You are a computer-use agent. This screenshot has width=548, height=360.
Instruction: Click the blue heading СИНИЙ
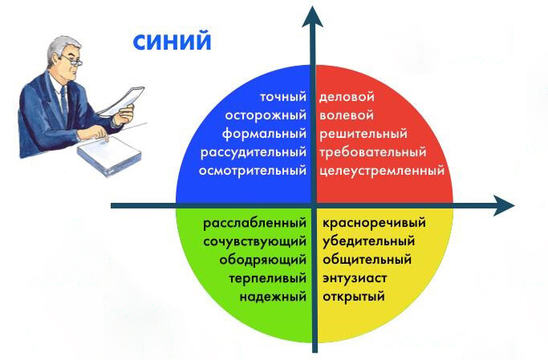[173, 42]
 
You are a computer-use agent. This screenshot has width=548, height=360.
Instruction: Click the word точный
[283, 97]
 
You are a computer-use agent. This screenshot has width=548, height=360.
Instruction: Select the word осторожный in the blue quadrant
[266, 115]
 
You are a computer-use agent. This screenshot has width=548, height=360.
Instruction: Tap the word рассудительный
[254, 152]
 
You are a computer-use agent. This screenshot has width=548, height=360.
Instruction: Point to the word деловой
[347, 97]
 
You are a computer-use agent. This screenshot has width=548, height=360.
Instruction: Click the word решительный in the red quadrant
[363, 134]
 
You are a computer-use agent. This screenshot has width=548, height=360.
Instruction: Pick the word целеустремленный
[382, 171]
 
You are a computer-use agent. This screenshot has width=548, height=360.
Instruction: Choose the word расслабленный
[255, 223]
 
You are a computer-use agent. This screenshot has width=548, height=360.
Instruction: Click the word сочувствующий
[255, 241]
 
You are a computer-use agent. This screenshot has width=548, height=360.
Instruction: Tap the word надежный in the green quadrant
[273, 297]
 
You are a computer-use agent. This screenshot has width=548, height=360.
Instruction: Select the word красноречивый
[374, 223]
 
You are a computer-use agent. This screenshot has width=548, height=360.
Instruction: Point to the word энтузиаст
[355, 278]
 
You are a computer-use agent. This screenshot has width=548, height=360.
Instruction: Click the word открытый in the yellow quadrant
[354, 297]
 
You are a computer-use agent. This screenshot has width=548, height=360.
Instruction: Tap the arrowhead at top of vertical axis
[312, 17]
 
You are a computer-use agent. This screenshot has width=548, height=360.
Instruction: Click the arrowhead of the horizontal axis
[504, 205]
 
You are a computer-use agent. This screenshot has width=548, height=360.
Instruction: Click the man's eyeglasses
[73, 60]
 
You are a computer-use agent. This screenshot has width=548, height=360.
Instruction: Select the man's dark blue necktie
[64, 101]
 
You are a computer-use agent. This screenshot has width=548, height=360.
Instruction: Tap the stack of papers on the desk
[109, 156]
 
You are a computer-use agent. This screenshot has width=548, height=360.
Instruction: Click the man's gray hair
[59, 49]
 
